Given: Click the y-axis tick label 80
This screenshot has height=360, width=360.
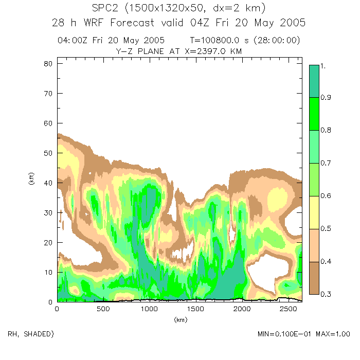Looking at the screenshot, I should [48, 63].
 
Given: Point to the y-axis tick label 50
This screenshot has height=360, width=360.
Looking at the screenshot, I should [48, 153].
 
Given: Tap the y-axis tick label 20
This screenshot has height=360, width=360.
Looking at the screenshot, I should [48, 242].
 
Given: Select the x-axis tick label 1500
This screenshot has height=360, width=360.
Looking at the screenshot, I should [195, 309].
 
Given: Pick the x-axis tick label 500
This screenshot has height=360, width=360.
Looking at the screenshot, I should [103, 309].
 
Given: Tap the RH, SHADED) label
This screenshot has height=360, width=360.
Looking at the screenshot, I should [30, 334].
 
